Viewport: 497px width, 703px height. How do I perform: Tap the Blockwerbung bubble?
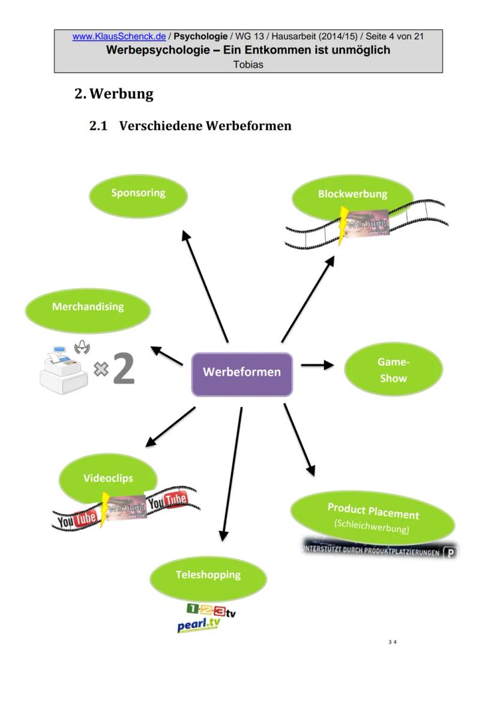click(353, 196)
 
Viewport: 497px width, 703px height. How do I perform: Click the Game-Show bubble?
click(393, 371)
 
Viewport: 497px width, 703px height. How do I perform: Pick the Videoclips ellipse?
click(108, 478)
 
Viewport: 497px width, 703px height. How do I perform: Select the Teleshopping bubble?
click(208, 576)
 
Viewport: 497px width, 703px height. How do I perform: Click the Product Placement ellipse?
click(373, 516)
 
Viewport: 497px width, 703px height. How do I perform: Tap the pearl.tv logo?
click(199, 625)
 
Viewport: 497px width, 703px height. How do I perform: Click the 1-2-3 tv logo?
click(211, 611)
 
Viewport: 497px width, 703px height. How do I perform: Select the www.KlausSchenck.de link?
click(119, 37)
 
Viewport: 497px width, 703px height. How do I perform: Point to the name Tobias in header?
click(248, 65)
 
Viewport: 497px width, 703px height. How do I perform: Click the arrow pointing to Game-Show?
click(317, 364)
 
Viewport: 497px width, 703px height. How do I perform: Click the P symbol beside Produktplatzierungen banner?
click(450, 552)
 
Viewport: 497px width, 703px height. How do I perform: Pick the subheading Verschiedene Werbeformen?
click(205, 126)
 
